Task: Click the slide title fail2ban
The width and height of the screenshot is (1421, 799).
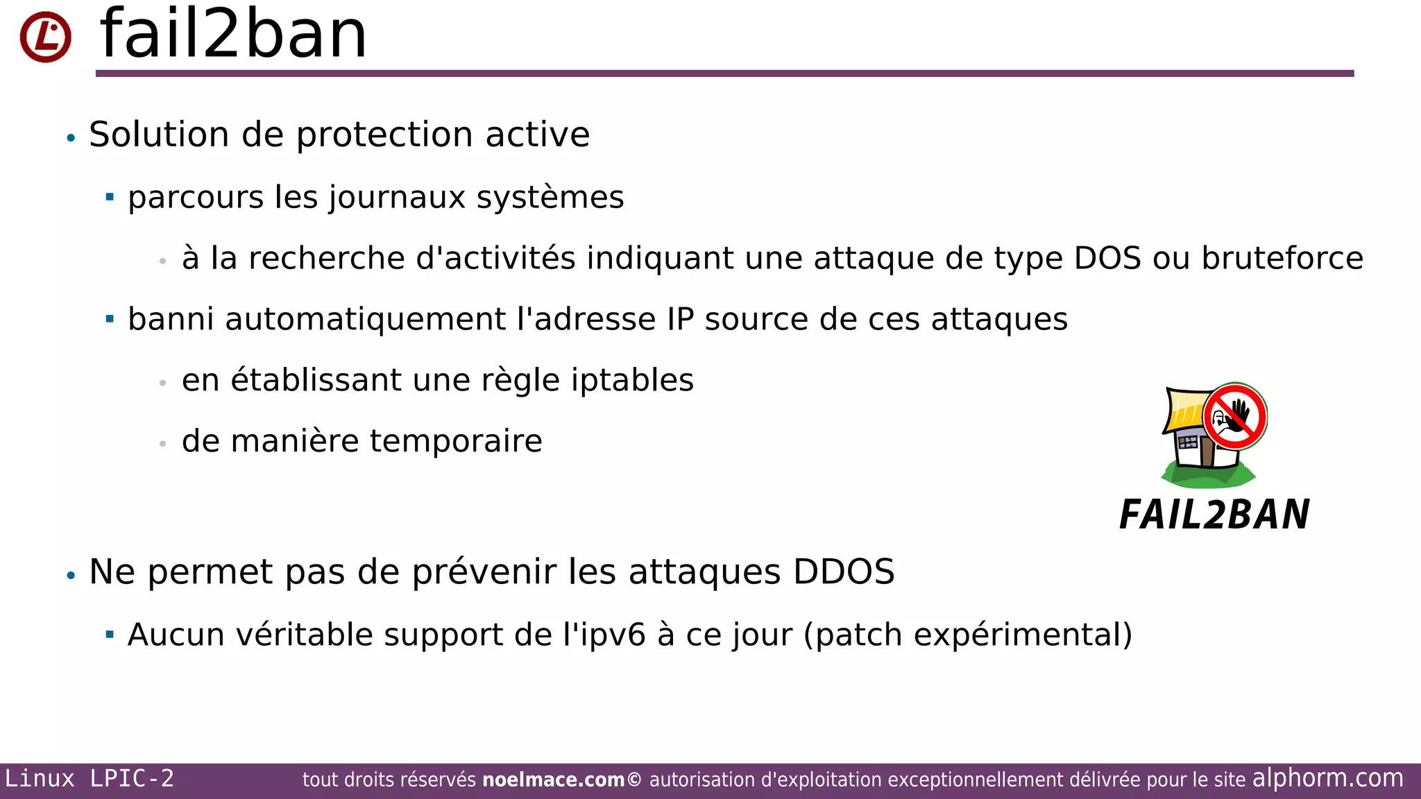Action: (233, 35)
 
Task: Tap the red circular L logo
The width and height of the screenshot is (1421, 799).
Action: (46, 37)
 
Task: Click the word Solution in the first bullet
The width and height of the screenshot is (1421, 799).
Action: (159, 135)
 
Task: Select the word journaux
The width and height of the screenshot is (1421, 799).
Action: (397, 198)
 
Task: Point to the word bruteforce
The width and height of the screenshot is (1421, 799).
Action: (1282, 259)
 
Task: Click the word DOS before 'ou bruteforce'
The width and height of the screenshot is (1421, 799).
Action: (1107, 259)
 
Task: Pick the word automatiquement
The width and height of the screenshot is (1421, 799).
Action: (365, 320)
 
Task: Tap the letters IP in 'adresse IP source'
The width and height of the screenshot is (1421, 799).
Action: (680, 320)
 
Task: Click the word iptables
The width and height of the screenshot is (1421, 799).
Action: (632, 381)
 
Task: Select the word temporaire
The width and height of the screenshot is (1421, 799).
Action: (456, 442)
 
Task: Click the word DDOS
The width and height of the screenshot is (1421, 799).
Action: (844, 572)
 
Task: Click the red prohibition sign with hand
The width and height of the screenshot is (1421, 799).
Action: (1235, 417)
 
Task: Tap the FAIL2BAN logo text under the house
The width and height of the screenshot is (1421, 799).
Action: (1214, 515)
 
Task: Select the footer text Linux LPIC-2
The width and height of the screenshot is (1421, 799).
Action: (90, 779)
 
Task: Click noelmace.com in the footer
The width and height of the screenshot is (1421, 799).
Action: (554, 780)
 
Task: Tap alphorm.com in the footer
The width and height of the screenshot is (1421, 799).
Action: (1327, 778)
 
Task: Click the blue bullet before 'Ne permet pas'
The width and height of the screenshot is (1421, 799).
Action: (71, 576)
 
